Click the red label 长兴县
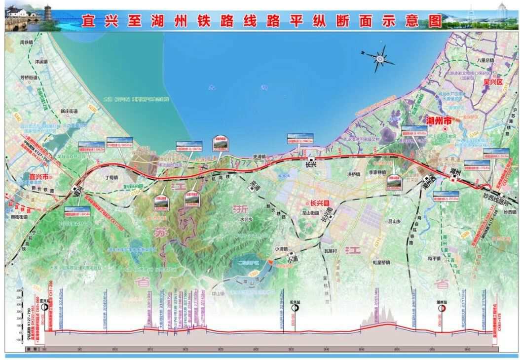(x=320, y=203)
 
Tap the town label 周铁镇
(x=26, y=42)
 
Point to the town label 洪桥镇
(x=354, y=174)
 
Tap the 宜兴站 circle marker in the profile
(x=44, y=307)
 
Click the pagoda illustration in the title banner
(x=48, y=13)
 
